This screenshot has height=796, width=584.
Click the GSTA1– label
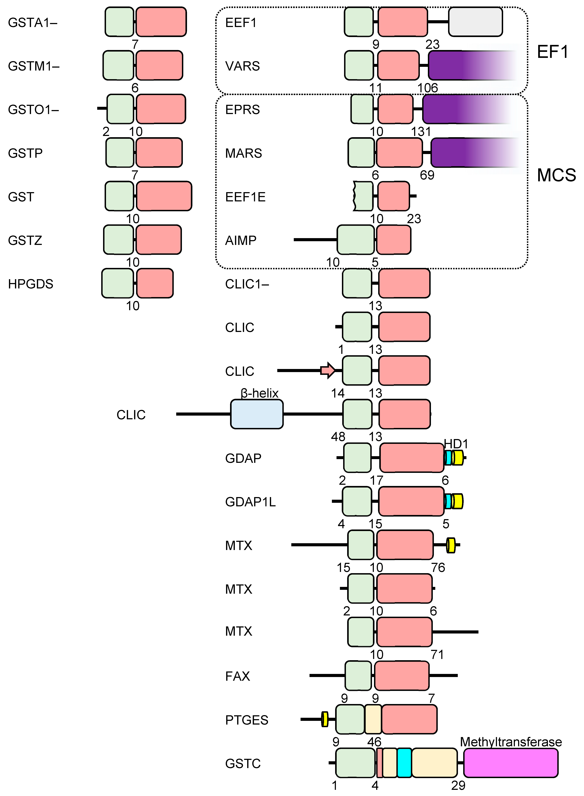33,23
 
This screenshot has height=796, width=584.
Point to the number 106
427,88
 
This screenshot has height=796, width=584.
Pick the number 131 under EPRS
421,131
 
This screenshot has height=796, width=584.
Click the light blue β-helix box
257,414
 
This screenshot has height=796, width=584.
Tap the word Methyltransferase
511,742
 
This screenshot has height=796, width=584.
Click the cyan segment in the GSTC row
404,763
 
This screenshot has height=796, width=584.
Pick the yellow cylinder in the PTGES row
324,719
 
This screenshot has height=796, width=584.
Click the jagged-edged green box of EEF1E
363,196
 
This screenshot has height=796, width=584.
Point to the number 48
338,437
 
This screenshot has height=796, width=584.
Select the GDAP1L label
250,502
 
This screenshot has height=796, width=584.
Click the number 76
438,568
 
